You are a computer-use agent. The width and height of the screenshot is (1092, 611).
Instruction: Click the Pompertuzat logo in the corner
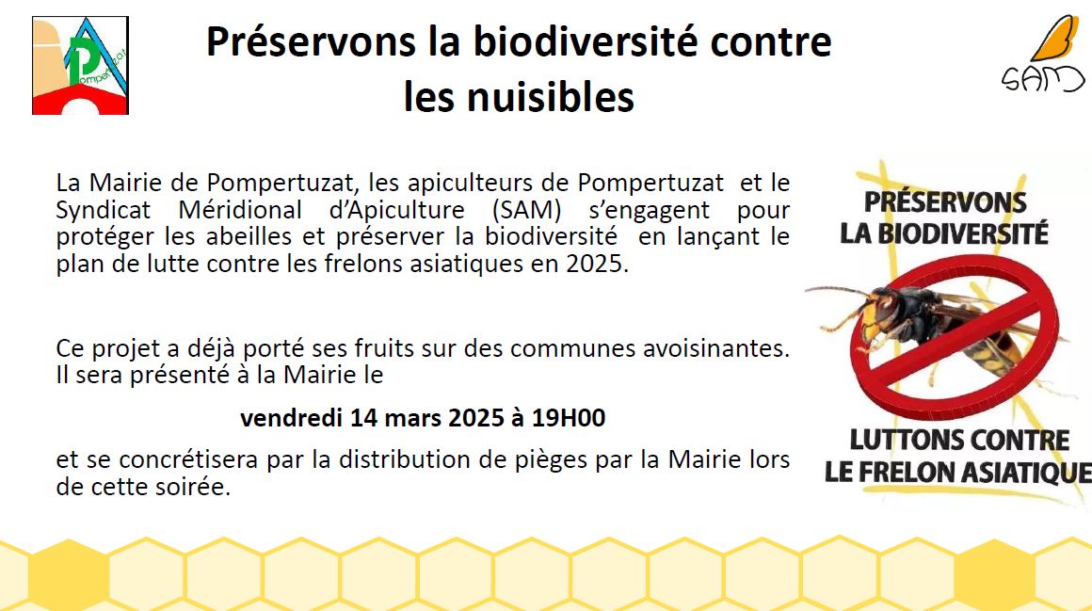pos(80,66)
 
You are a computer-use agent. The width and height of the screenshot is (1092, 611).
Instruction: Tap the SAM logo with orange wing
pos(1042,54)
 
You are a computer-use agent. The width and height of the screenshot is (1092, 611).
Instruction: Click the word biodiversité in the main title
pos(585,41)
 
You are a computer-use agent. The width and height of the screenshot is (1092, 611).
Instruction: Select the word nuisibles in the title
pos(550,97)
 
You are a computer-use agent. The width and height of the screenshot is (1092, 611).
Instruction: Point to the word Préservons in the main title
pos(311,41)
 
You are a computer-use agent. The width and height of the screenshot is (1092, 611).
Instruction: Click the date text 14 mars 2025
pos(426,417)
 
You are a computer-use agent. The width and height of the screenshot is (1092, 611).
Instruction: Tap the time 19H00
pos(569,417)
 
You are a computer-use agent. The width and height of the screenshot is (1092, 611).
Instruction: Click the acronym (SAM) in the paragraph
pos(526,210)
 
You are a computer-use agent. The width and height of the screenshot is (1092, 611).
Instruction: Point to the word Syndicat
pos(103,210)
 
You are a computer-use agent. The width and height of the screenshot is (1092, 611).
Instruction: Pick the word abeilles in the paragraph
pos(249,236)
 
